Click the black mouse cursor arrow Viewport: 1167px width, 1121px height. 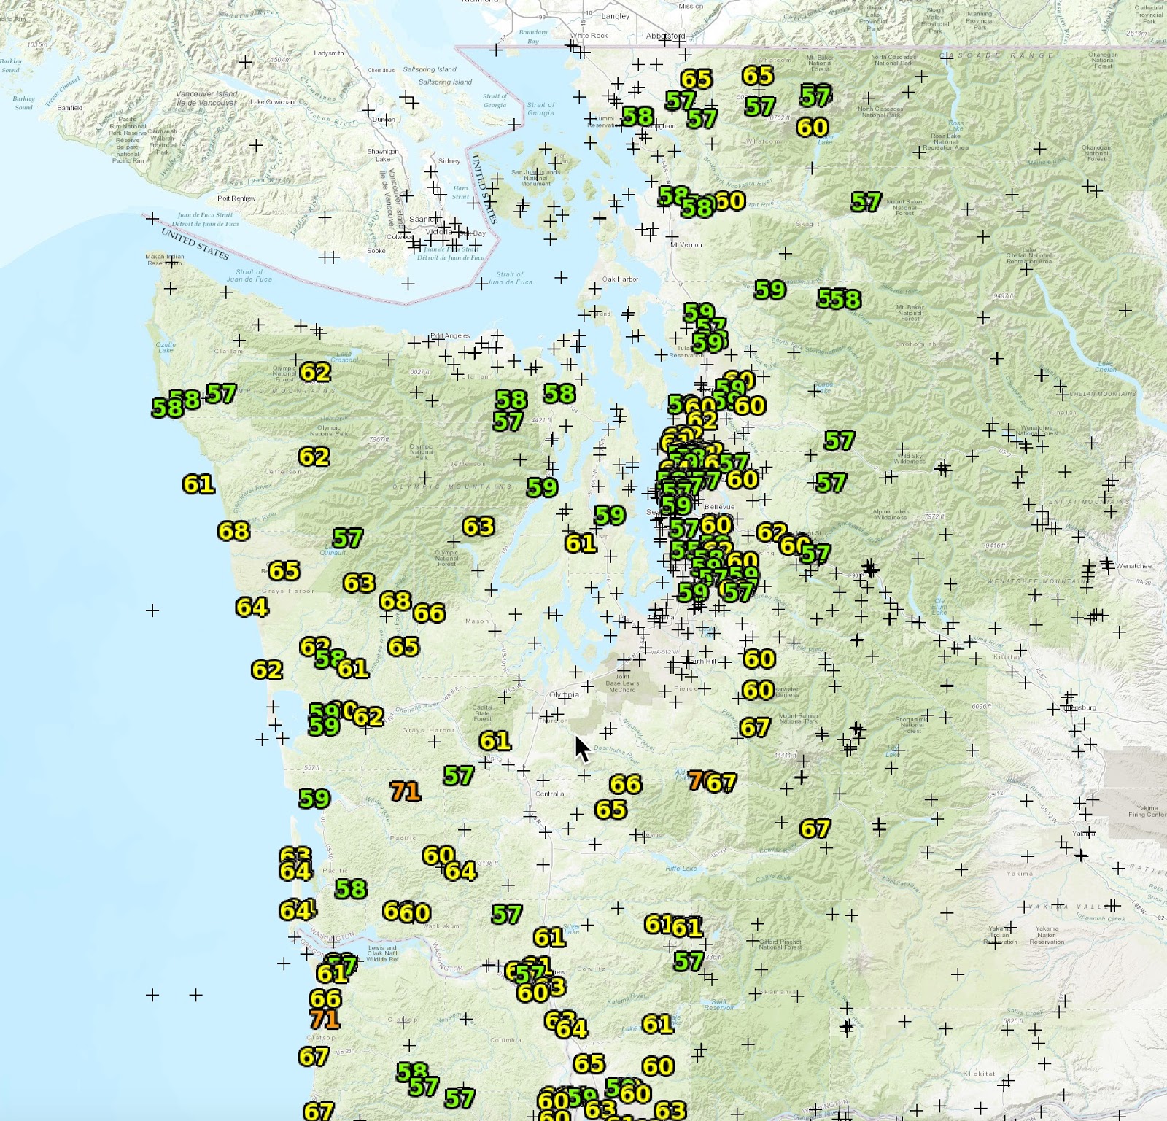pos(581,748)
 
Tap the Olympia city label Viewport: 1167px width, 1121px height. pos(564,694)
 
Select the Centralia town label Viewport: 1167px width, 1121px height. pos(549,794)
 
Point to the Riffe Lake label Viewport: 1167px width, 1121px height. pos(681,869)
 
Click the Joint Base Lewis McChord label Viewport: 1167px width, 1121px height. pos(621,683)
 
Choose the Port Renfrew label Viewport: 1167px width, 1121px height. pos(236,198)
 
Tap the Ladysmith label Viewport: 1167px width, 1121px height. pos(328,53)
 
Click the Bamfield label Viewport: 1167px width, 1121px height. pos(70,108)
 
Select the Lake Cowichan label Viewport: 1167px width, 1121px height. pos(272,102)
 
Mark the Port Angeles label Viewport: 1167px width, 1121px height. pos(450,336)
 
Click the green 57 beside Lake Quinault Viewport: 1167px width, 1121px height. pos(347,538)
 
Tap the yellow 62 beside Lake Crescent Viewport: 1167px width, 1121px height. pos(315,373)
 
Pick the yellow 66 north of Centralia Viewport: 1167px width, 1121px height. pos(625,784)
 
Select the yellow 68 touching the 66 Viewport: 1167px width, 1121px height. pos(395,601)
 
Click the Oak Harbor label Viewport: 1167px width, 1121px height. pos(621,279)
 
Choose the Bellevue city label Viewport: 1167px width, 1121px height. pos(720,506)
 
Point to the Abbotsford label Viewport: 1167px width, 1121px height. pos(665,36)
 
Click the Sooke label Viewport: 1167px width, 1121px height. pos(376,251)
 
